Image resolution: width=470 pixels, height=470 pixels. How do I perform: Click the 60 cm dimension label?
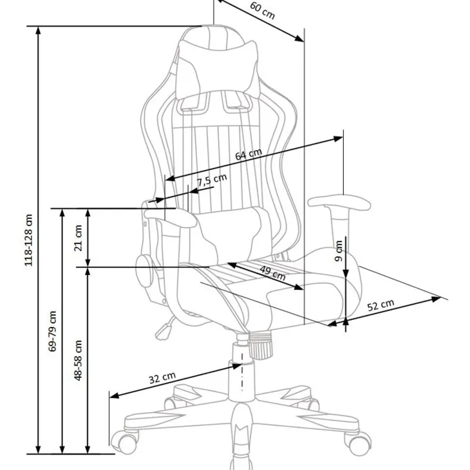(262, 11)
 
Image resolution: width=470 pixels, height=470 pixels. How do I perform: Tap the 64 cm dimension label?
(249, 155)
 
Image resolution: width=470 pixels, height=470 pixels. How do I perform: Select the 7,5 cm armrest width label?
(212, 180)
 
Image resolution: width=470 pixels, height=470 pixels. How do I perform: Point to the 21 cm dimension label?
(79, 238)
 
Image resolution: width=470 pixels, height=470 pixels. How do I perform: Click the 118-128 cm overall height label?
(28, 240)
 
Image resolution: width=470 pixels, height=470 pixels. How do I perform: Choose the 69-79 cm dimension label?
(52, 331)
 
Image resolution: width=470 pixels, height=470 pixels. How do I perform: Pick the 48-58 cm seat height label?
(78, 360)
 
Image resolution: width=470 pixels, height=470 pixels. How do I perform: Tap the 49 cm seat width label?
(272, 273)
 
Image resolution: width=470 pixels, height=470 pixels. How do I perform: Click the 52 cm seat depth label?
(381, 305)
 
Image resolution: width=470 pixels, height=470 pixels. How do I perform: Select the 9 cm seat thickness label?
(339, 250)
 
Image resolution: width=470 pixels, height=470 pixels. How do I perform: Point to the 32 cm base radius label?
(162, 378)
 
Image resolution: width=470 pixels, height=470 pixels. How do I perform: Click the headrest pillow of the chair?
(218, 70)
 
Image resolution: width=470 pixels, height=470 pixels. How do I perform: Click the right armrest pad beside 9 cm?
(339, 203)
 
